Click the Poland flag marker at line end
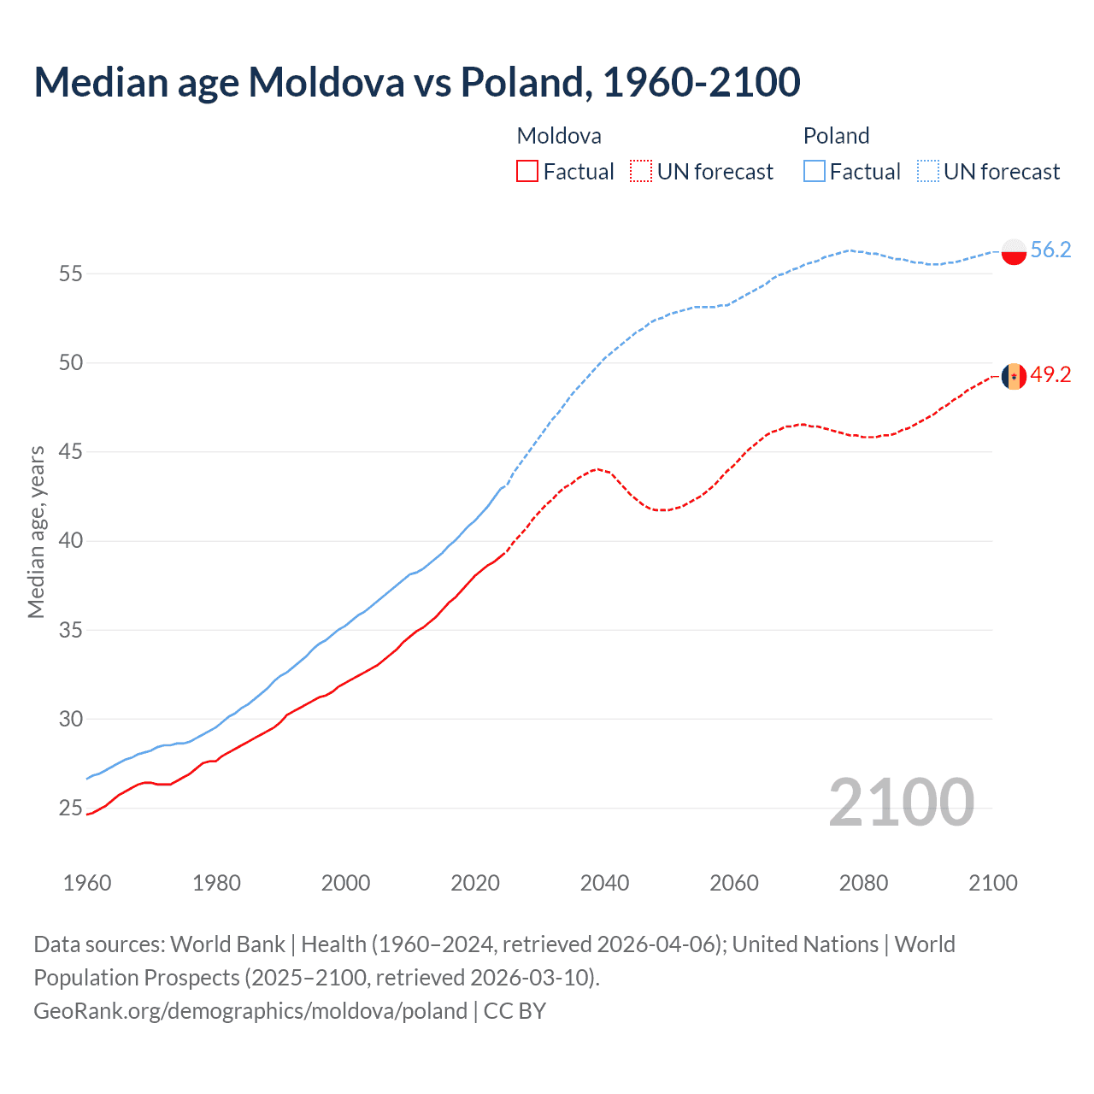click(1014, 251)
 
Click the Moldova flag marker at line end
click(1014, 376)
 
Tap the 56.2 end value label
click(1050, 250)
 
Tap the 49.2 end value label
click(1050, 374)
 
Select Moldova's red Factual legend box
click(527, 171)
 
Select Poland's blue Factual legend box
click(815, 171)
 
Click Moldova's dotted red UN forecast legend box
click(641, 171)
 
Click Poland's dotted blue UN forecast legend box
click(928, 171)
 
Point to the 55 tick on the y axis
click(71, 274)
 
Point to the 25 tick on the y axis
click(71, 809)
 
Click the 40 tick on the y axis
click(71, 541)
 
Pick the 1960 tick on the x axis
click(87, 883)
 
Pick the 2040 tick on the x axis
click(604, 883)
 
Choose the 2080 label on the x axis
click(863, 883)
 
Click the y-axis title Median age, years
click(36, 532)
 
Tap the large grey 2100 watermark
click(901, 802)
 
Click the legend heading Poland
click(836, 136)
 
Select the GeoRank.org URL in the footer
click(250, 1011)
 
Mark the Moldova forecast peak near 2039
click(597, 468)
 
